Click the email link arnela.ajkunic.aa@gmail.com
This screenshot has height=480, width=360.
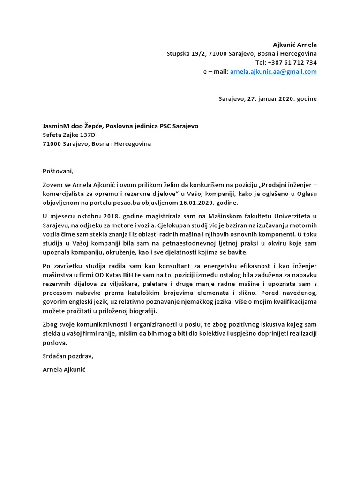(273, 72)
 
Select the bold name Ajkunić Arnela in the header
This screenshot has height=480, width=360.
(295, 45)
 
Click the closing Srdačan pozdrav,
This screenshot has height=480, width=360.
(67, 356)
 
